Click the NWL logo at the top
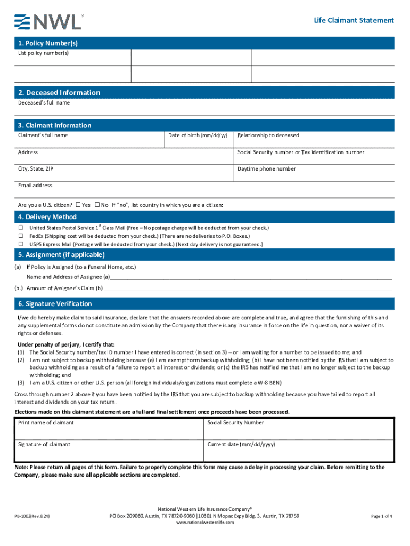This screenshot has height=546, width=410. [48, 21]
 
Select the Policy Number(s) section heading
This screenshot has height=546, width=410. [48, 43]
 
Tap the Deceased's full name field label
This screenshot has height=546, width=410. [44, 102]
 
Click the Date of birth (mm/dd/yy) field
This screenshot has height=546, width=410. [198, 140]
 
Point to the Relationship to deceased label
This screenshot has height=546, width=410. [268, 135]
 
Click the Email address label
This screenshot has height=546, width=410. [35, 186]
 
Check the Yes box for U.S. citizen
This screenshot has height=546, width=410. [78, 205]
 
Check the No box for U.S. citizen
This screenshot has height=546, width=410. [97, 205]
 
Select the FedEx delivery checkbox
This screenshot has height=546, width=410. [21, 236]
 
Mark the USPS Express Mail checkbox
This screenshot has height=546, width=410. [21, 244]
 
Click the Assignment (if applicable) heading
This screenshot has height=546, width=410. [61, 255]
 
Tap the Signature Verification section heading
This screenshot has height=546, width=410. [55, 304]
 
